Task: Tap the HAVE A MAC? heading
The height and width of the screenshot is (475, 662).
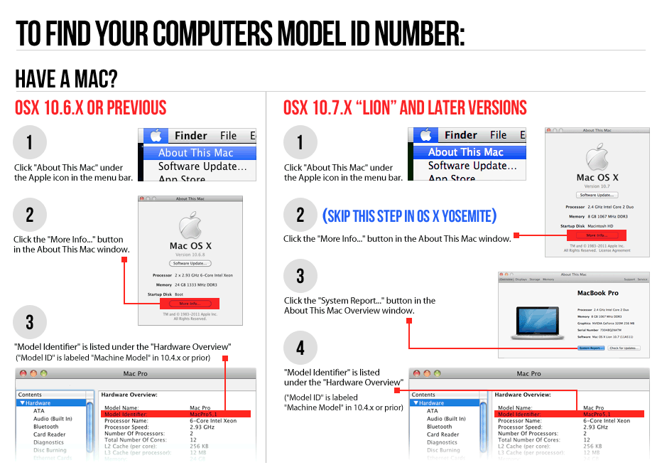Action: tap(66, 78)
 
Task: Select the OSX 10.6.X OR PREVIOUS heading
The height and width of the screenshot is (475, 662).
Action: tap(90, 108)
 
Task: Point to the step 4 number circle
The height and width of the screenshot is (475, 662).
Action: tap(300, 348)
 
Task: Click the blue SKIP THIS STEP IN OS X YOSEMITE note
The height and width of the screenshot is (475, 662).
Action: tap(409, 215)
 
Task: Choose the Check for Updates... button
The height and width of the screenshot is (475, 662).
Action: tap(625, 348)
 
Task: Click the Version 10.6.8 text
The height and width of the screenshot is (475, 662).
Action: tap(190, 255)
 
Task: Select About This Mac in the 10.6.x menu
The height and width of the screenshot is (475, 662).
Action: tap(195, 153)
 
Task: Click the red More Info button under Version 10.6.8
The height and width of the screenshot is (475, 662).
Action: tap(189, 304)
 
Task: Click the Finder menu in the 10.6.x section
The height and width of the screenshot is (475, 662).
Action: tap(190, 136)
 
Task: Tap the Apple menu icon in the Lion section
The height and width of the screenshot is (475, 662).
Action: tap(425, 135)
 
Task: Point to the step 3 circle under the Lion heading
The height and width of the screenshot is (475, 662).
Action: tap(300, 277)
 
